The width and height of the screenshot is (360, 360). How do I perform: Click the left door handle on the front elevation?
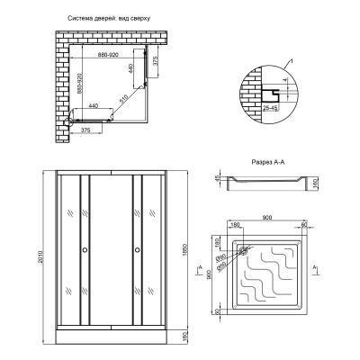(x=85, y=250)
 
